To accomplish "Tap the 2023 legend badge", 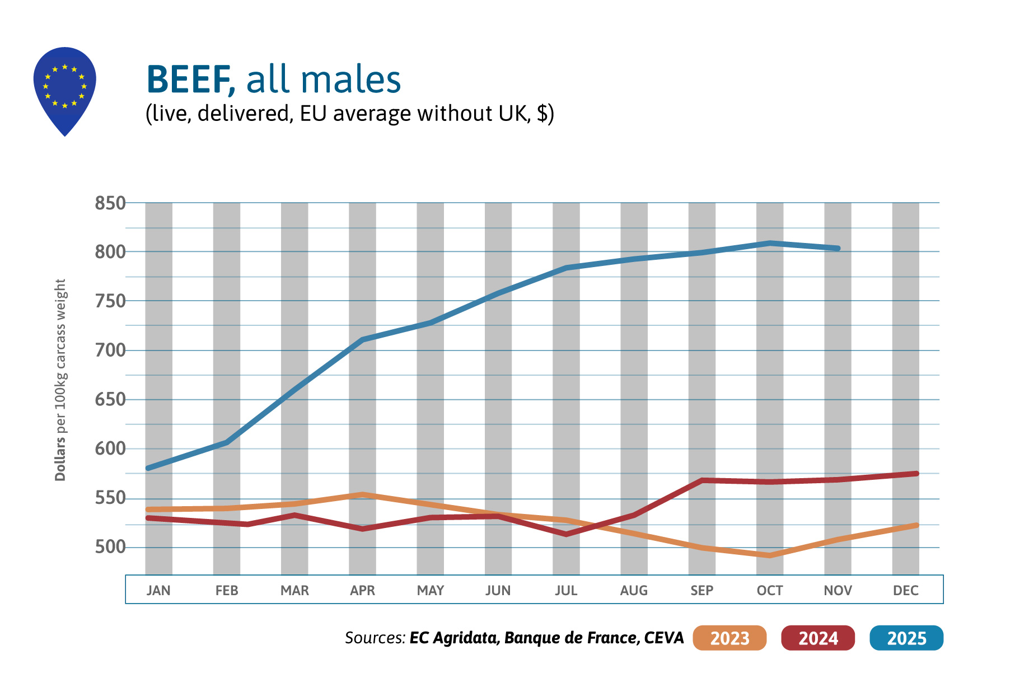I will pyautogui.click(x=729, y=638).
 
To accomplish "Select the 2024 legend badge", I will pyautogui.click(x=818, y=638).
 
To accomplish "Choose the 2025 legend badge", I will pyautogui.click(x=906, y=638).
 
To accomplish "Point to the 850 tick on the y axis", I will pyautogui.click(x=110, y=203).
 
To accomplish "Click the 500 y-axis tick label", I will pyautogui.click(x=110, y=547).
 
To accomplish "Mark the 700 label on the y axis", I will pyautogui.click(x=110, y=350).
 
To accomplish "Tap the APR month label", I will pyautogui.click(x=362, y=590).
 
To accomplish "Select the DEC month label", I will pyautogui.click(x=905, y=590).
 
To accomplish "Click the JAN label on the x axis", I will pyautogui.click(x=158, y=590).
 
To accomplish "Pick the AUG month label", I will pyautogui.click(x=634, y=590).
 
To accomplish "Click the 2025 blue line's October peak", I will pyautogui.click(x=770, y=243).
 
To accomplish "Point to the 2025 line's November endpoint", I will pyautogui.click(x=838, y=248).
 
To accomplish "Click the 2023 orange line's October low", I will pyautogui.click(x=770, y=555).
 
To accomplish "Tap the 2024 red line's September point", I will pyautogui.click(x=702, y=480).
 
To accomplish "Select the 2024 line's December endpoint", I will pyautogui.click(x=916, y=474).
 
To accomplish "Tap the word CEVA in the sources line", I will pyautogui.click(x=664, y=638).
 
